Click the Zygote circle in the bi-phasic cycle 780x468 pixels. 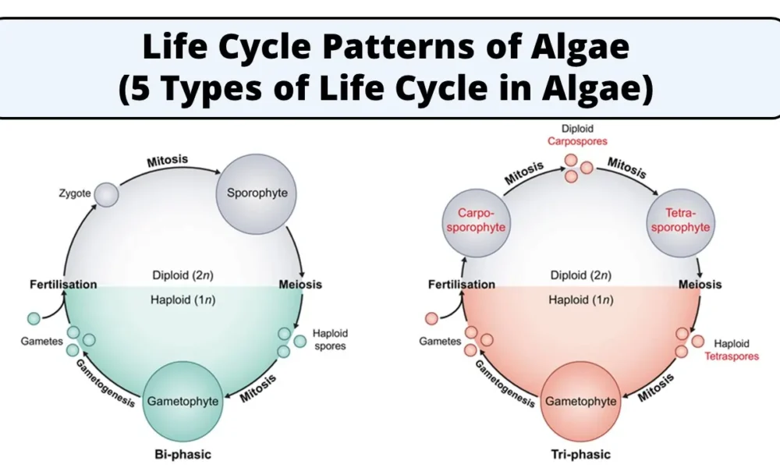coord(107,194)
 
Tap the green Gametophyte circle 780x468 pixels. coord(183,401)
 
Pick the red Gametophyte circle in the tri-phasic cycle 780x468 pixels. coord(580,401)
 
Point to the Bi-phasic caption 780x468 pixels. coord(183,454)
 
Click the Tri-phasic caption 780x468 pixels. coord(580,454)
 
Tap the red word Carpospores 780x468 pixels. coord(577,141)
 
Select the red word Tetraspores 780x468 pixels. coord(732,356)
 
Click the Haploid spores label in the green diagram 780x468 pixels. coord(330,339)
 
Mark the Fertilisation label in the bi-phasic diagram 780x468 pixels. coord(63,284)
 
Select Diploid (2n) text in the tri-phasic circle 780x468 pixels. coord(580,275)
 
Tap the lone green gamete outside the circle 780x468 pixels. coord(33,318)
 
